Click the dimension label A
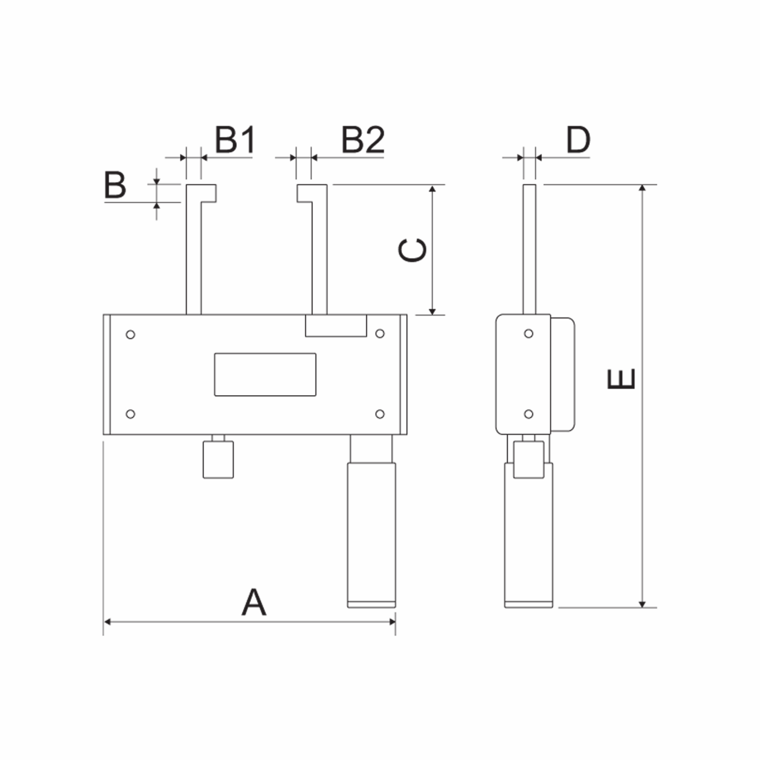[x=254, y=602]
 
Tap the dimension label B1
[x=235, y=140]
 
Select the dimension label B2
[x=362, y=140]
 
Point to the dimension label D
[x=578, y=140]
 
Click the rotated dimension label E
[x=620, y=379]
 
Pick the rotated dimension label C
[x=412, y=250]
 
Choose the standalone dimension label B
[x=115, y=185]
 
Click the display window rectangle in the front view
[x=265, y=374]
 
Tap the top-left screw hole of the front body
[x=130, y=335]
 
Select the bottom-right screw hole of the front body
[x=380, y=414]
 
